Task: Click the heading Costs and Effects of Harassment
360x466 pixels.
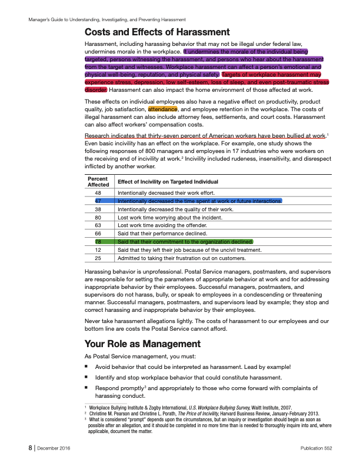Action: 157,32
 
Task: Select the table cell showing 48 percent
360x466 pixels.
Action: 98,193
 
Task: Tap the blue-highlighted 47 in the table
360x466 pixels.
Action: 98,201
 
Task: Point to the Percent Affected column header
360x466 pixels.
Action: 98,182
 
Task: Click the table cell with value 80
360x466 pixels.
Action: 98,217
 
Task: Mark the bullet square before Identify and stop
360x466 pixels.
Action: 86,377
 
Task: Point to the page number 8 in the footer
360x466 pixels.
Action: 29,448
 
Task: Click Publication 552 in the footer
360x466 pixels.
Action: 316,448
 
